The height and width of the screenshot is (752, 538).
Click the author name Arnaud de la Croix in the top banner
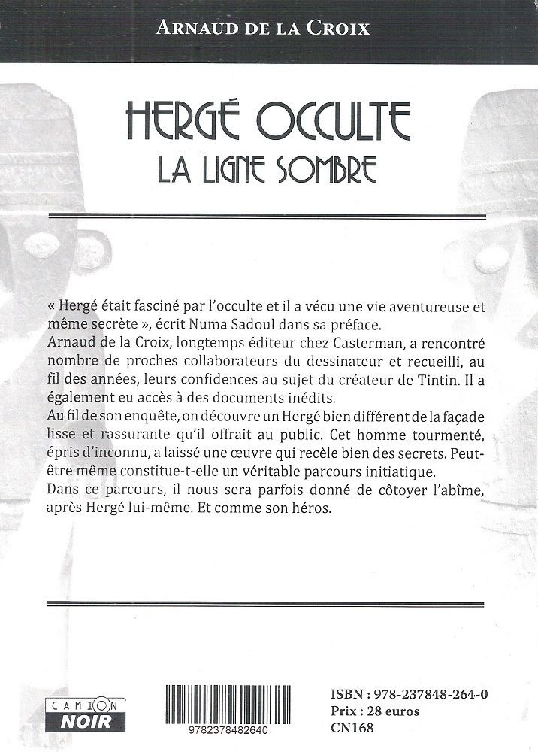pyautogui.click(x=263, y=29)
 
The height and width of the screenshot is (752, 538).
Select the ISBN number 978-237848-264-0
pyautogui.click(x=430, y=694)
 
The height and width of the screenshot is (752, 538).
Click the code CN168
pyautogui.click(x=350, y=727)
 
